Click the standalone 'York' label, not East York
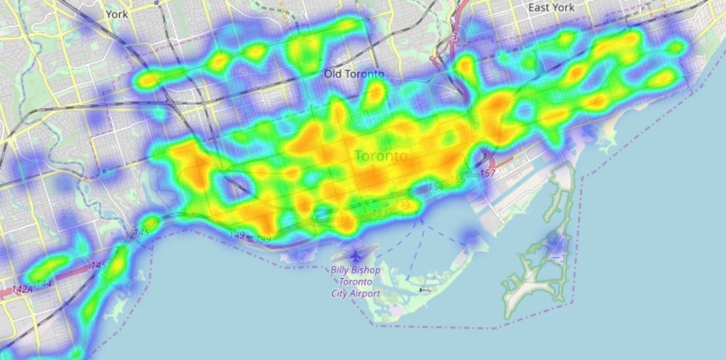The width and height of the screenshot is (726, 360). pyautogui.click(x=116, y=12)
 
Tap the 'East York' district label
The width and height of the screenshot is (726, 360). pyautogui.click(x=551, y=8)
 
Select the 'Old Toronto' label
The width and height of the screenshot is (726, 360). pyautogui.click(x=354, y=74)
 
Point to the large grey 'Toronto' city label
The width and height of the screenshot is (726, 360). pyautogui.click(x=380, y=156)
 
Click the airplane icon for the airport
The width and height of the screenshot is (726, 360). pyautogui.click(x=357, y=254)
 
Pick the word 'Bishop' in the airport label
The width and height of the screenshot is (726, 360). pyautogui.click(x=369, y=271)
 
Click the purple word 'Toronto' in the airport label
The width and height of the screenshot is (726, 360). pyautogui.click(x=355, y=282)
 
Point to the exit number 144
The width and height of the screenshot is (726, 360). pyautogui.click(x=44, y=283)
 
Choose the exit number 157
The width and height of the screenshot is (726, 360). pyautogui.click(x=487, y=173)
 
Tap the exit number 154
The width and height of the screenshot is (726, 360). pyautogui.click(x=436, y=188)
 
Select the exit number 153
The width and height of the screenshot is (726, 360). pyautogui.click(x=380, y=214)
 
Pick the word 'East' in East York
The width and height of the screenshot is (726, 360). pyautogui.click(x=539, y=8)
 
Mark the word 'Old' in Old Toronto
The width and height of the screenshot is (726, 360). pyautogui.click(x=333, y=74)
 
